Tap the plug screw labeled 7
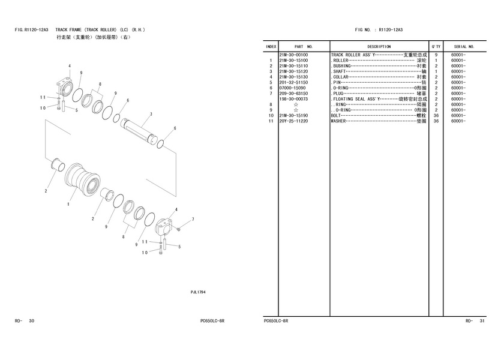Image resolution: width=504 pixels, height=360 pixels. pos(179,229)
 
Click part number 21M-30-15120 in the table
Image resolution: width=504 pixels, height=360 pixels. pos(293,71)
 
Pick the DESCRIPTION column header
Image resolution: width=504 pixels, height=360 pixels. pos(379,47)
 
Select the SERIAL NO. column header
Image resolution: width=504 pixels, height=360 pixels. pos(464,47)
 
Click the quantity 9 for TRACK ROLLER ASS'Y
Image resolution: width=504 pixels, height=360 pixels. pos(436,55)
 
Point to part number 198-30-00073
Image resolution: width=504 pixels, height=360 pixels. pos(293,99)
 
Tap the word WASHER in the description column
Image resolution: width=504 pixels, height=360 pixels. pos(338,121)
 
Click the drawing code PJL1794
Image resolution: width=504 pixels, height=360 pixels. pos(198,292)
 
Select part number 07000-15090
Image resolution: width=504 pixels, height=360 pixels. pos(293,88)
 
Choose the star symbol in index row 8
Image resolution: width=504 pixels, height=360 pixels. pos(296,104)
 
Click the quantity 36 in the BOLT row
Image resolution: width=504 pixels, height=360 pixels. pos(436,116)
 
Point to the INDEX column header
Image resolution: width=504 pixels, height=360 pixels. pos(271,47)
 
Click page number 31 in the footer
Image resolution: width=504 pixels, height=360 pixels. pos(482,321)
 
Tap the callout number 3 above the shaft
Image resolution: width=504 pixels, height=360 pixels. pos(151,114)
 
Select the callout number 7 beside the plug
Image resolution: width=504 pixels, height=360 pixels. pos(193,220)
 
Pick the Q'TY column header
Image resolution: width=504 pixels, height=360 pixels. pos(436,47)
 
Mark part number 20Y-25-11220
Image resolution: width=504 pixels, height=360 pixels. pos(293,121)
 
